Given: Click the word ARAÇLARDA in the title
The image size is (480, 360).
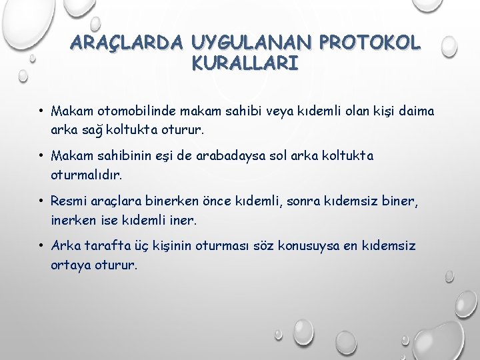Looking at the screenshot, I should [x=127, y=43].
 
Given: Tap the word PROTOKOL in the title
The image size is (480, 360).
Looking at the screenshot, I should [x=371, y=43].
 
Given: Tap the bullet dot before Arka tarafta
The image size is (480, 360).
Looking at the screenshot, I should [x=41, y=246].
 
